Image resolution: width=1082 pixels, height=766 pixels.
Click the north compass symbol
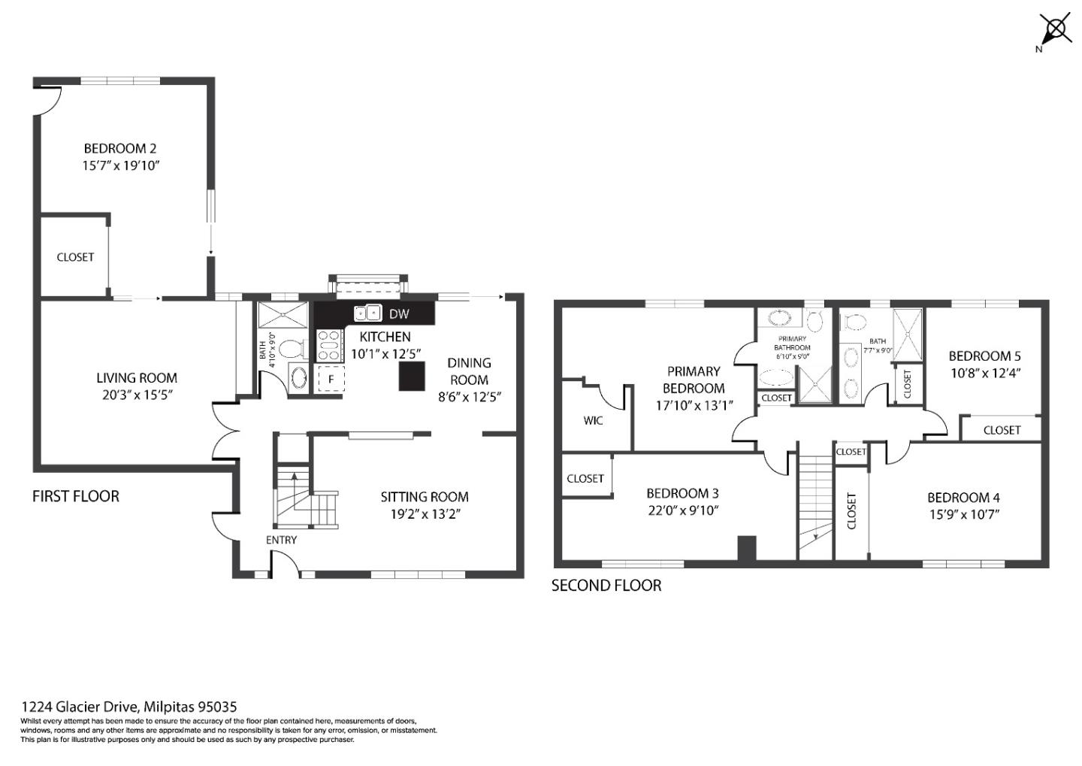[x=1055, y=30]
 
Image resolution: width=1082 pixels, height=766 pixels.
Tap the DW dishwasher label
[x=399, y=313]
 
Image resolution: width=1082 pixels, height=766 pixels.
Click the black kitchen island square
[x=411, y=375]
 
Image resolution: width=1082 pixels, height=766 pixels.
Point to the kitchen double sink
[x=367, y=313]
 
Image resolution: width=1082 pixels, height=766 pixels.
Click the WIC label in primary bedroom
[x=593, y=420]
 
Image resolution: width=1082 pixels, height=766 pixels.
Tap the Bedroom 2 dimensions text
[x=121, y=165]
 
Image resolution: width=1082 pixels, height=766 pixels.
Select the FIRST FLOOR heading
[x=75, y=496]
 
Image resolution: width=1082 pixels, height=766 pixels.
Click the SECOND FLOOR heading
[x=606, y=586]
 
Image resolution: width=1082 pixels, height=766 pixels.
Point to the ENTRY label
[x=281, y=540]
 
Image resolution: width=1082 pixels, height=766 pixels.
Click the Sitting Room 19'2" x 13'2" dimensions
[x=424, y=514]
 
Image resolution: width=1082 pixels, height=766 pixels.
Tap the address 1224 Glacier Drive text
[x=128, y=707]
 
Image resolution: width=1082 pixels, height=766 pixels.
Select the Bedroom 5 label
[x=984, y=356]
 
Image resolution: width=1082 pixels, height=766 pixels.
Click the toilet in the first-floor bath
[x=295, y=349]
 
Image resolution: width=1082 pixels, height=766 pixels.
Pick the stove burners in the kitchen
[x=328, y=347]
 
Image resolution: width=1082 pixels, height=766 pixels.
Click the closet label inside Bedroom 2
[x=75, y=257]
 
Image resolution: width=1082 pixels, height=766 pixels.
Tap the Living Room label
[x=137, y=378]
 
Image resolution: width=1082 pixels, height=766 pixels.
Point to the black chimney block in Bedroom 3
[x=745, y=548]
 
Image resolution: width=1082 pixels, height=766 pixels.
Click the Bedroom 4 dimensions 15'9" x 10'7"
[x=963, y=515]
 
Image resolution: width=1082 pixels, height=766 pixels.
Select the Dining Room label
[x=469, y=371]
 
